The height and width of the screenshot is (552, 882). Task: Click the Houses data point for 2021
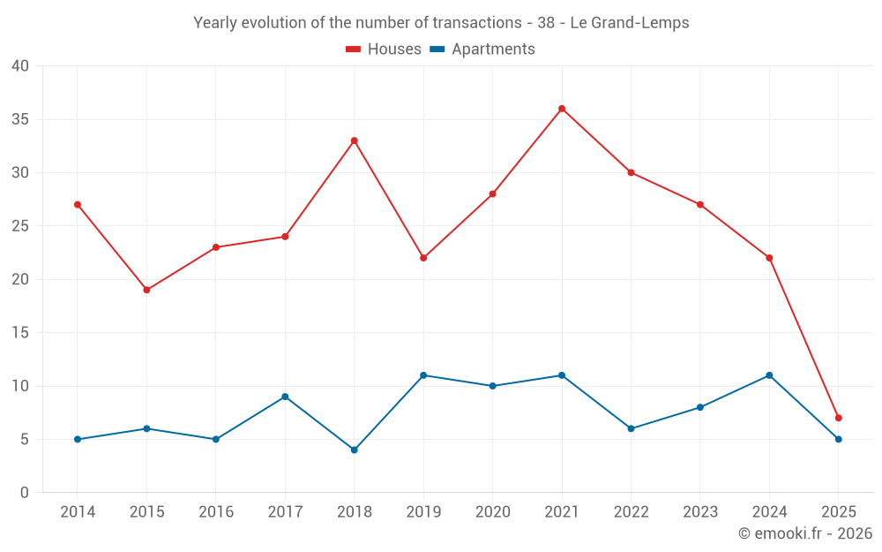coord(562,109)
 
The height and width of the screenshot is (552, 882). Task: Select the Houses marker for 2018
coord(354,140)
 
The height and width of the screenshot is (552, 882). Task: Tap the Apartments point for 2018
coord(354,450)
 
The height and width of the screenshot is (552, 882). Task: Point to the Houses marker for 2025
coord(838,418)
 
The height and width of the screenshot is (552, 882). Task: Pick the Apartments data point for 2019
coord(423,375)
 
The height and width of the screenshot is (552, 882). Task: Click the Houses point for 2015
coord(146,290)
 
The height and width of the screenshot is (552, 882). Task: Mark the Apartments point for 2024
coord(769,375)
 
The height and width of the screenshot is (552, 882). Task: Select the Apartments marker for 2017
coord(285,397)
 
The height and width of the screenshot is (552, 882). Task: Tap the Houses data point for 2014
coord(78,205)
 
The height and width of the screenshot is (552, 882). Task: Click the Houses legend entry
coord(384,49)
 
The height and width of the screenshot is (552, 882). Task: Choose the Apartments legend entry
coord(482,49)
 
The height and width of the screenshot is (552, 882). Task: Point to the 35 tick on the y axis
coord(20,119)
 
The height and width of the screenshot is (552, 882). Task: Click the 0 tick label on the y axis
coord(25,493)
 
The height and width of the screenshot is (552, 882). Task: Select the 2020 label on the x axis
coord(492,512)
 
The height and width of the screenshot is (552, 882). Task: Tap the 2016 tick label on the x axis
coord(215,512)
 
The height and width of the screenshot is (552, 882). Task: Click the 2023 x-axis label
coord(700,512)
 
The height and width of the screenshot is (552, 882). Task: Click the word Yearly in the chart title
coord(214,23)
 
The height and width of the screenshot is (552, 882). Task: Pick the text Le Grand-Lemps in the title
coord(630,23)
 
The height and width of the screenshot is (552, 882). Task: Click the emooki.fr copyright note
coord(804,533)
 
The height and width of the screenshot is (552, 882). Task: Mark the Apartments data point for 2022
coord(631,428)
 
